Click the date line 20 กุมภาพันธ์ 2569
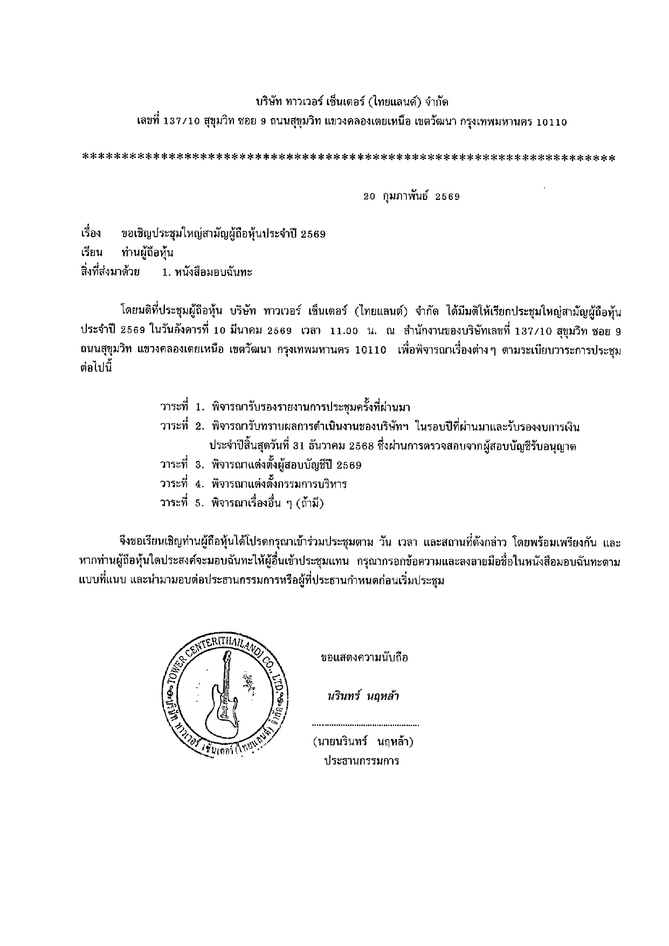point(411,197)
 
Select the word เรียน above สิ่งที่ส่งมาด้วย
point(91,253)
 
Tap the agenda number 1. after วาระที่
point(199,406)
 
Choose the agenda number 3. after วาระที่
point(199,465)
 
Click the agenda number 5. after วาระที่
point(199,503)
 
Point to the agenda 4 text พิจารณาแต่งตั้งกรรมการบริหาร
point(279,484)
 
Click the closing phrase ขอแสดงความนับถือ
point(364,658)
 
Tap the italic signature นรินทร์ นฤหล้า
point(363,695)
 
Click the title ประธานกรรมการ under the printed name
point(361,761)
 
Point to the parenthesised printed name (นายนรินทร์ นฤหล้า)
point(363,742)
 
